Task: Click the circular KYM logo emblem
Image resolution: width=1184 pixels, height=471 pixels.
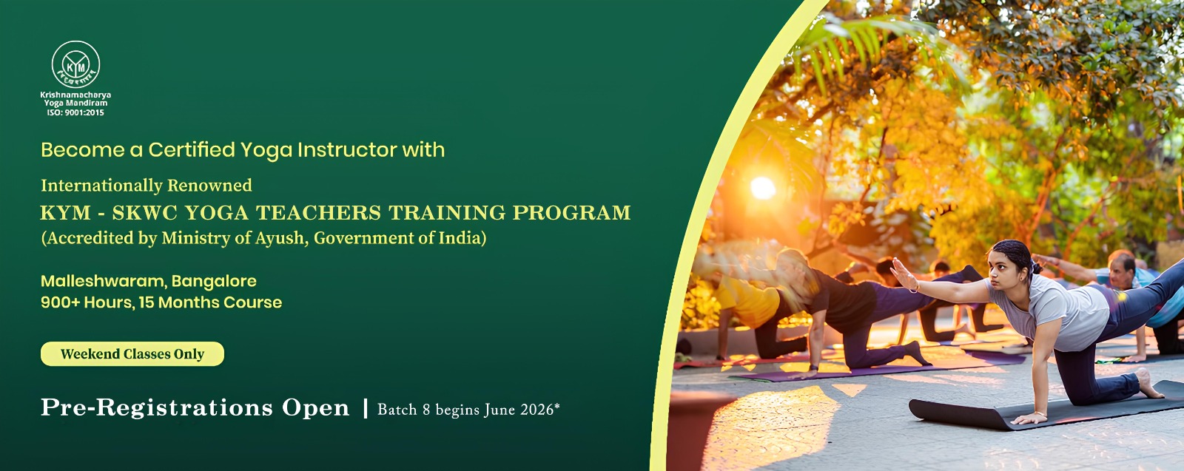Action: [x=75, y=65]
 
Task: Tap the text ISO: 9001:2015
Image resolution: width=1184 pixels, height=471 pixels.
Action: [x=75, y=112]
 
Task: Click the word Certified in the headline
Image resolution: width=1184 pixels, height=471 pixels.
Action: [x=192, y=150]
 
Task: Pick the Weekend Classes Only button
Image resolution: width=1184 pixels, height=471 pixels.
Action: [x=132, y=353]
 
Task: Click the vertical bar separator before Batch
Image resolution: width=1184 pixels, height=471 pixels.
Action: [x=366, y=409]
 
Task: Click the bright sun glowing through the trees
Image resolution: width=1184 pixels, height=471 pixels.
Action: [x=763, y=188]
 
